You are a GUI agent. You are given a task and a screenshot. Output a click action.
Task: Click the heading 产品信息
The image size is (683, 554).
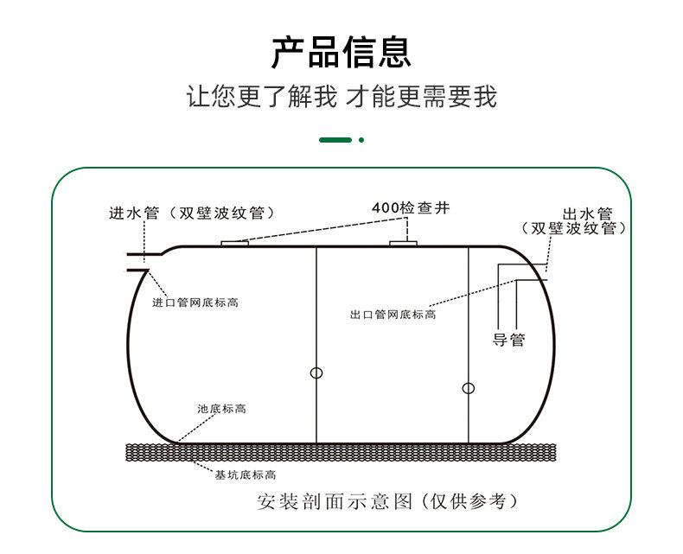[341, 53]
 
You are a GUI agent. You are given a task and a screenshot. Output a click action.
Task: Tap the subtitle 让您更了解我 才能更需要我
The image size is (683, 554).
[341, 96]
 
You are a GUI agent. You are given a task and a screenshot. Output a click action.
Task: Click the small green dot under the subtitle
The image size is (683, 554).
[361, 139]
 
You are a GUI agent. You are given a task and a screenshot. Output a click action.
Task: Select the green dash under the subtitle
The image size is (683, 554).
[335, 139]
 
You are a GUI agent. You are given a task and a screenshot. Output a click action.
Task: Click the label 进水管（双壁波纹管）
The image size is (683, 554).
[192, 213]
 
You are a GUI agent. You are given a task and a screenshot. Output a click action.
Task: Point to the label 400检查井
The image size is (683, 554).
[411, 208]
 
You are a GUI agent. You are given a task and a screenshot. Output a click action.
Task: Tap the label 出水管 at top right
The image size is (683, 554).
[588, 213]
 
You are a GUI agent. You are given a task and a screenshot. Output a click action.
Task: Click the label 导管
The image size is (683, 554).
[508, 339]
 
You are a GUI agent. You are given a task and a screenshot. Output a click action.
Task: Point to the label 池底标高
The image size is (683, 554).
[221, 408]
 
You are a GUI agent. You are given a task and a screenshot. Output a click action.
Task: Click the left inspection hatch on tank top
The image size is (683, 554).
[234, 243]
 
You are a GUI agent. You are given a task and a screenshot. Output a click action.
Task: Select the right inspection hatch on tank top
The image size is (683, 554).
[404, 243]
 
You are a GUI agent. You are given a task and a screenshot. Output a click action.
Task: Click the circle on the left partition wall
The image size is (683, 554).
[316, 373]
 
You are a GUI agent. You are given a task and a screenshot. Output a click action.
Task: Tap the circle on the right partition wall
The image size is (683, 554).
[469, 388]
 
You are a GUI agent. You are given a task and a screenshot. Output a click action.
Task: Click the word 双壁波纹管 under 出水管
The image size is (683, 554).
[574, 229]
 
